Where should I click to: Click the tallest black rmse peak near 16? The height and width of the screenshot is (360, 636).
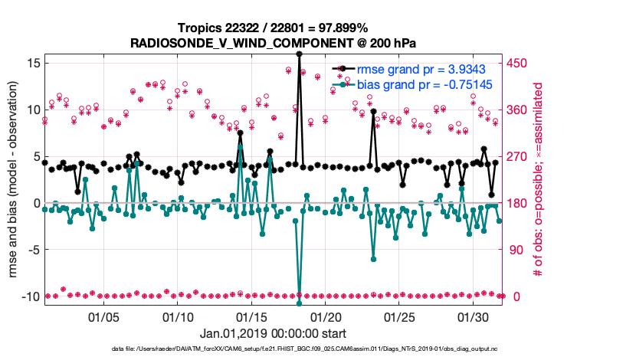(299, 54)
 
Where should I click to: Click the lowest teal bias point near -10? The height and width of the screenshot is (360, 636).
(299, 304)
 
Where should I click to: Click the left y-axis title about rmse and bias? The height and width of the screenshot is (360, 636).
(15, 180)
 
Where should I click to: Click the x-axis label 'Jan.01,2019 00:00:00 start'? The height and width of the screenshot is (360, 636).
(272, 334)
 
